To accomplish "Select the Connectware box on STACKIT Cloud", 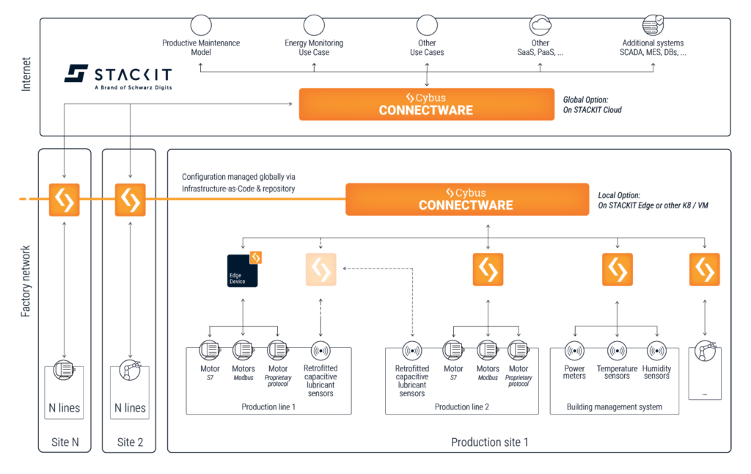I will pos(426,104).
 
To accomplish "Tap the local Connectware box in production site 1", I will pos(466,199).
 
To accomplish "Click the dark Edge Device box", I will pos(243,269).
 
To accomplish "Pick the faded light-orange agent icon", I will pos(320,269).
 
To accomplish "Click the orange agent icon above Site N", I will pos(65,200).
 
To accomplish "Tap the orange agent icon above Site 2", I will pos(130,200).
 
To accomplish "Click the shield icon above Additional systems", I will pos(653,26).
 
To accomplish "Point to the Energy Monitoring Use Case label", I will pos(314,48).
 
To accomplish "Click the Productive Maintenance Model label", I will pos(201,48).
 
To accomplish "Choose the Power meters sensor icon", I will pos(574,351).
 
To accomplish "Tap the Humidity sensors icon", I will pos(656,351).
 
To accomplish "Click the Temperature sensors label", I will pos(617,372).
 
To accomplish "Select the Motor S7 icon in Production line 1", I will pos(210,351).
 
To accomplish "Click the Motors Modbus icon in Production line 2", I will pos(488,351).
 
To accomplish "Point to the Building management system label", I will pos(615,406).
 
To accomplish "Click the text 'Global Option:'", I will pos(585,99).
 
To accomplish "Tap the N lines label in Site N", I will pos(65,408).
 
